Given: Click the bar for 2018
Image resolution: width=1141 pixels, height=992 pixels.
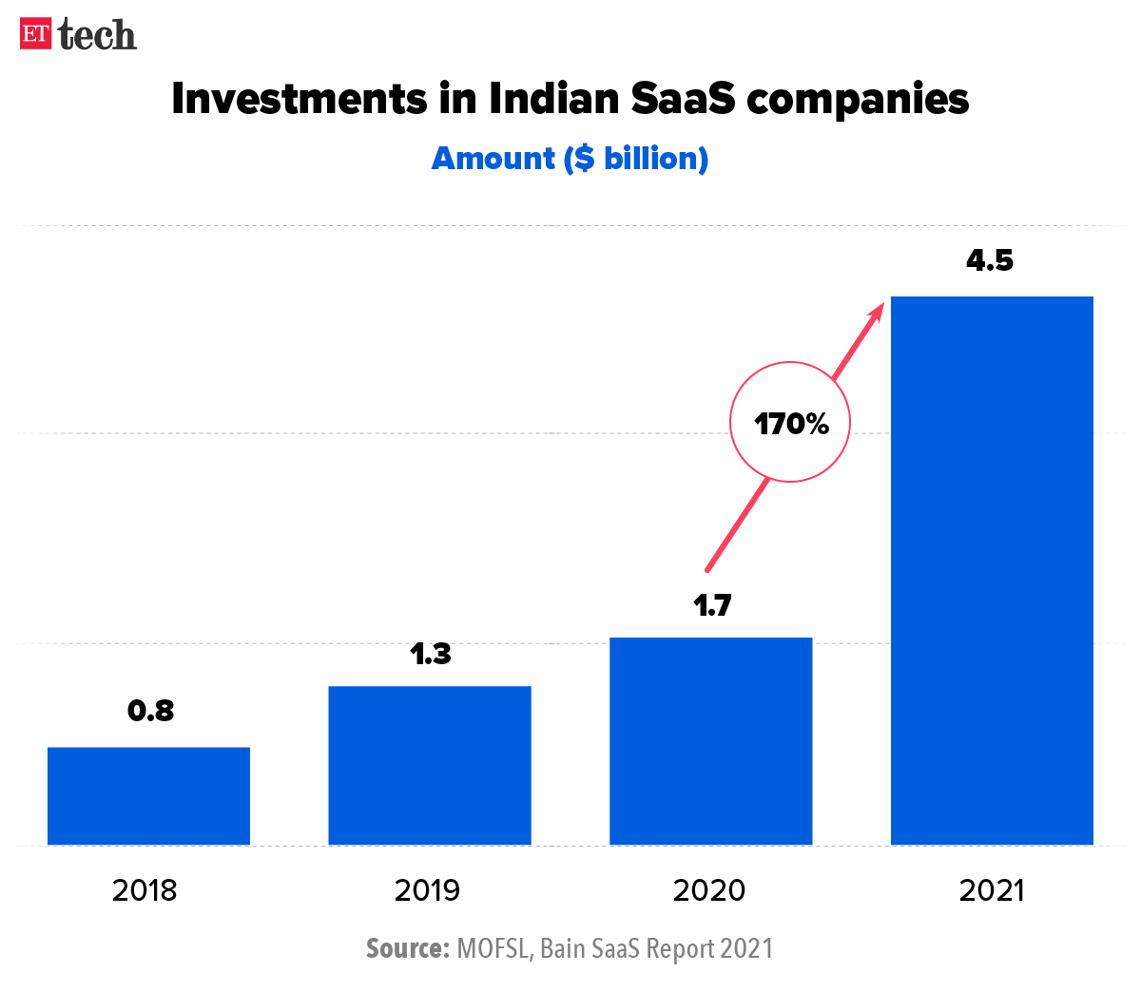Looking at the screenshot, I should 148,796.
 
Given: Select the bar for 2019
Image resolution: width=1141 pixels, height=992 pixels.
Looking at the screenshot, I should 430,765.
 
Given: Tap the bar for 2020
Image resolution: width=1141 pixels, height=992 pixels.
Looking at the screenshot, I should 710,741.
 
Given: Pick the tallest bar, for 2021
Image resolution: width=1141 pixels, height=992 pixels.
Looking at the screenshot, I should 992,570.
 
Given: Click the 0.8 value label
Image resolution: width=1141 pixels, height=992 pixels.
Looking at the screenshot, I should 151,711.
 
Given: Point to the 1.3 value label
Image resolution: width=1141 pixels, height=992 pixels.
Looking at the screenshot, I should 431,654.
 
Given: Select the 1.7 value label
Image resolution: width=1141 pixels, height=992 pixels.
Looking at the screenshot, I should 711,605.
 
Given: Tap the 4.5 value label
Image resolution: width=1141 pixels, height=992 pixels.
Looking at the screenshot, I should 990,260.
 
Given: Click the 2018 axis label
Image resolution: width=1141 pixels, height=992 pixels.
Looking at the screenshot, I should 145,890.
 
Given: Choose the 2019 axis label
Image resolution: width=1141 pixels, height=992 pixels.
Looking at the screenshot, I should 427,890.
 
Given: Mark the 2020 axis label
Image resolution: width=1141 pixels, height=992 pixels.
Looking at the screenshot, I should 709,890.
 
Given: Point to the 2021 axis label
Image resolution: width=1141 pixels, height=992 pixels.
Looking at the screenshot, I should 992,890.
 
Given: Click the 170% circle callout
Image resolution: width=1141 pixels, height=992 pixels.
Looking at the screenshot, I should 790,422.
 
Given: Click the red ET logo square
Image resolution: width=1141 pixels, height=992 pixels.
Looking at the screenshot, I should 36,34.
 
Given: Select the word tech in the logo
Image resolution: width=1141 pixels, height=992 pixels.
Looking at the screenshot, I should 97,35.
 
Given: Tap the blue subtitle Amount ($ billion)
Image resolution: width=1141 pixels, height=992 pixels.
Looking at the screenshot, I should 570,158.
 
